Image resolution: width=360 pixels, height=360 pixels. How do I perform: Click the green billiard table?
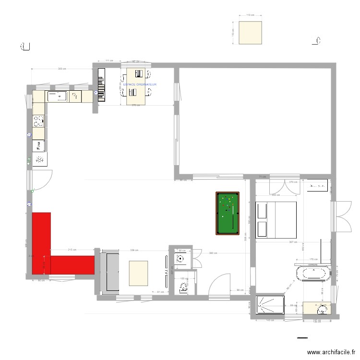pyautogui.click(x=227, y=214)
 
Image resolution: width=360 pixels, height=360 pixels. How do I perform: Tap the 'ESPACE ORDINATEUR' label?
pyautogui.click(x=140, y=84)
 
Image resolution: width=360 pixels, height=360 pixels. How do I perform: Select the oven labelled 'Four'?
pyautogui.click(x=38, y=145)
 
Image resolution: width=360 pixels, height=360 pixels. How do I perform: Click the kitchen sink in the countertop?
pyautogui.click(x=59, y=96)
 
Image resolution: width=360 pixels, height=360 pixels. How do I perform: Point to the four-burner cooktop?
pyautogui.click(x=38, y=159)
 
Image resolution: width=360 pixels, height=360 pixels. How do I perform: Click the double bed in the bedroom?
pyautogui.click(x=276, y=220)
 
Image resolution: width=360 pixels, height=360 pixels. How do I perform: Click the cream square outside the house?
pyautogui.click(x=250, y=33)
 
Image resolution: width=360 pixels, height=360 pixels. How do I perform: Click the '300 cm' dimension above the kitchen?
pyautogui.click(x=61, y=69)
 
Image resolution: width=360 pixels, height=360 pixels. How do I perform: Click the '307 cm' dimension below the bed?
pyautogui.click(x=293, y=241)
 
